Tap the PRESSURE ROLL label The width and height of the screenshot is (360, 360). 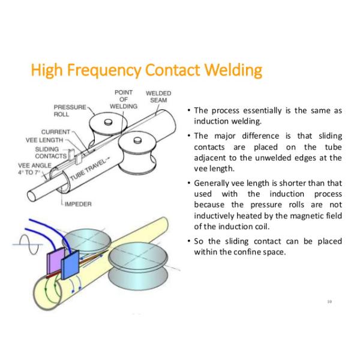point(70,110)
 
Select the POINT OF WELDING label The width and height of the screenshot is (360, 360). point(124,100)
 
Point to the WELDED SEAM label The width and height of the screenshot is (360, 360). point(158,97)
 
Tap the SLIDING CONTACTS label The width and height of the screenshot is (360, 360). point(47,152)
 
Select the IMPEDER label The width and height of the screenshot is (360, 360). point(79,204)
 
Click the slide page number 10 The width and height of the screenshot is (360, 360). point(329,301)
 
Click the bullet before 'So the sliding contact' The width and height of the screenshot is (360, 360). point(189,241)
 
